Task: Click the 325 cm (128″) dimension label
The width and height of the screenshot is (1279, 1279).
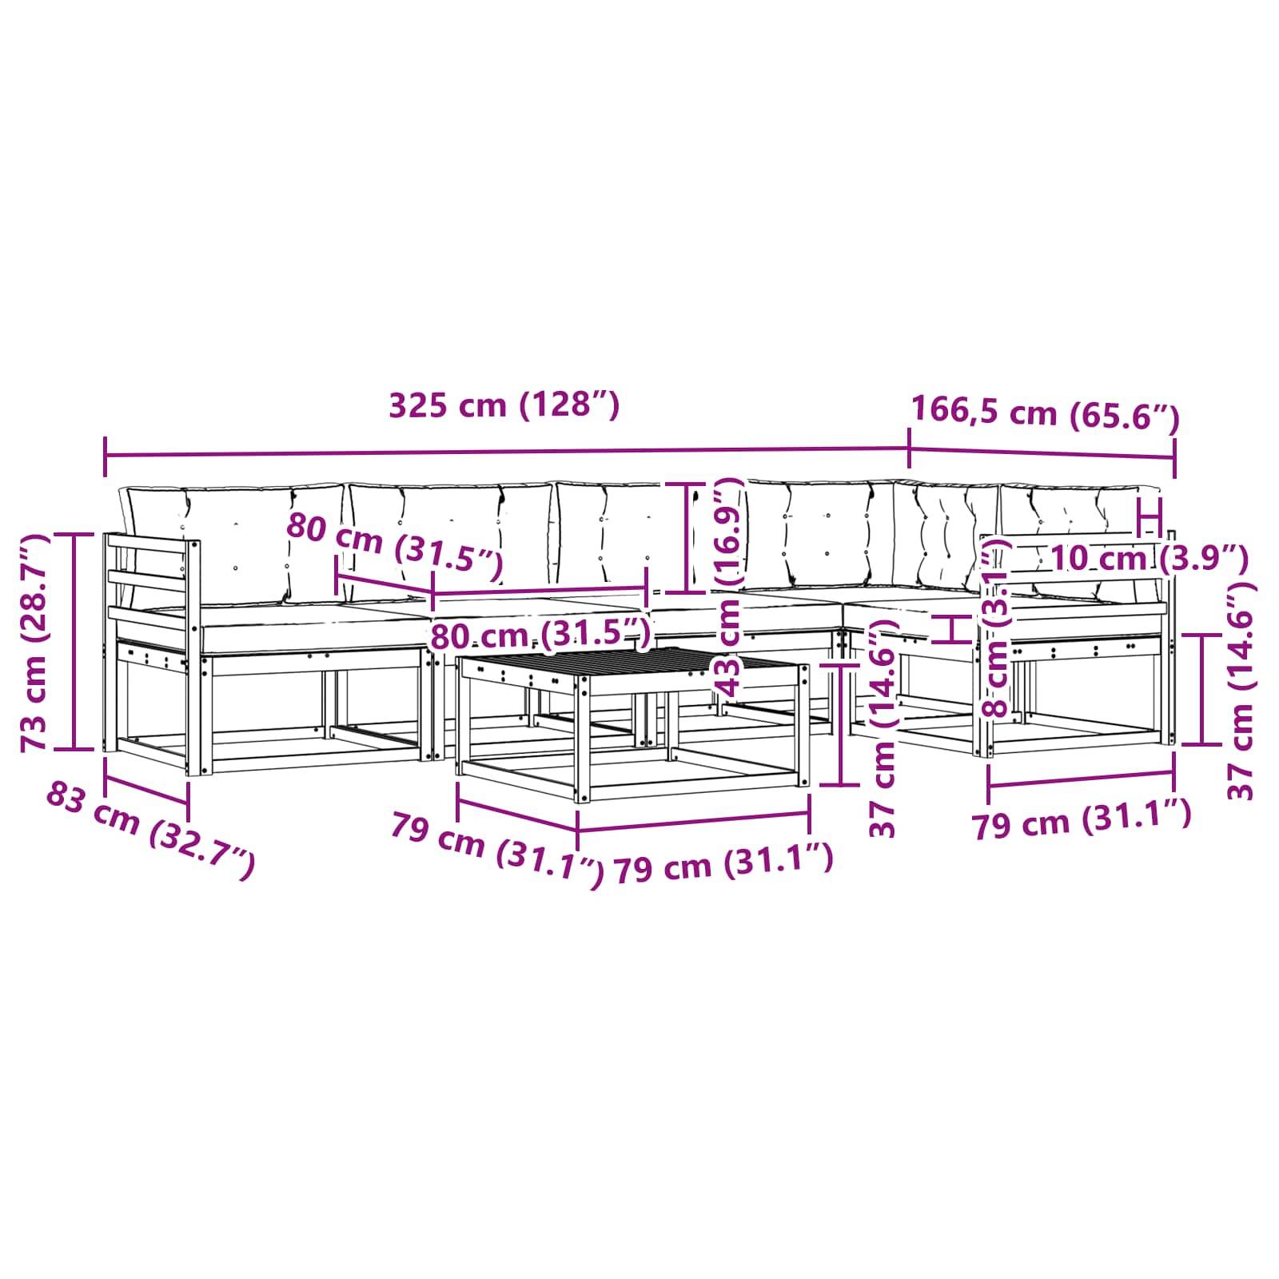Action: [x=504, y=405]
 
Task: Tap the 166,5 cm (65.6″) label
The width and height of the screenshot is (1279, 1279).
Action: [x=1045, y=413]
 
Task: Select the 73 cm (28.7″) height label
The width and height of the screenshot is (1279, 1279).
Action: [x=35, y=643]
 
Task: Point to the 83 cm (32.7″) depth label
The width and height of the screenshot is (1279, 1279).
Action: [x=151, y=831]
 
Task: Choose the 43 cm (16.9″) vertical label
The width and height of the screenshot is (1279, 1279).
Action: [x=728, y=588]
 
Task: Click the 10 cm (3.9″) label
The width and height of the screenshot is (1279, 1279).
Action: [x=1148, y=558]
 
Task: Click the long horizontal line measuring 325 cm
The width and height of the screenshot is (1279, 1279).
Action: [x=507, y=452]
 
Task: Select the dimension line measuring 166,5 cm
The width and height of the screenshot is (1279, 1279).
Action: [x=1042, y=453]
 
